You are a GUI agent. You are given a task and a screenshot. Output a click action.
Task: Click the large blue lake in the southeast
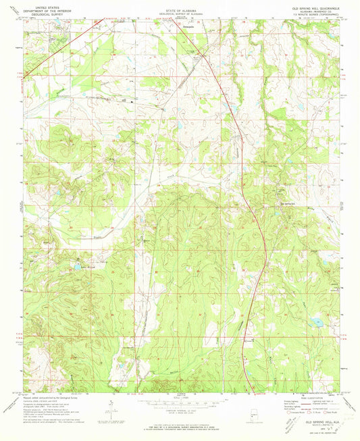(x=316, y=322)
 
